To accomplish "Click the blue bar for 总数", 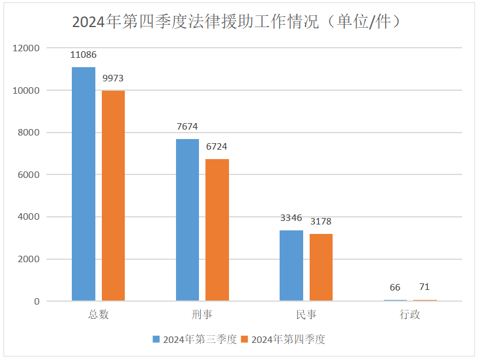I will (84, 184).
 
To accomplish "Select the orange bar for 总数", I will (113, 196).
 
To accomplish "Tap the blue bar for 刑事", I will (187, 220).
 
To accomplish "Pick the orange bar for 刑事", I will (217, 230).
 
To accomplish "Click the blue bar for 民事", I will (291, 265).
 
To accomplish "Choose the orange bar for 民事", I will (321, 267).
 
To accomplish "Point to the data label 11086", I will (84, 55).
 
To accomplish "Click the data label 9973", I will (113, 78).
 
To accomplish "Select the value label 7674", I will (187, 127).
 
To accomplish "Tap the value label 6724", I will (217, 147).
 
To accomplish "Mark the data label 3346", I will (291, 218).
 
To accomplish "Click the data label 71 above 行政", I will (424, 287).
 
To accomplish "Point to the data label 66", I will (395, 288).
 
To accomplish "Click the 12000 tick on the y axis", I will (27, 48).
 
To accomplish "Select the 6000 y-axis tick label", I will (29, 175).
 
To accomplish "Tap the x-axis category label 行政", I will (410, 315).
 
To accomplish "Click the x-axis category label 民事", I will (306, 315).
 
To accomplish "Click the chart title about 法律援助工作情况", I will (238, 22).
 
